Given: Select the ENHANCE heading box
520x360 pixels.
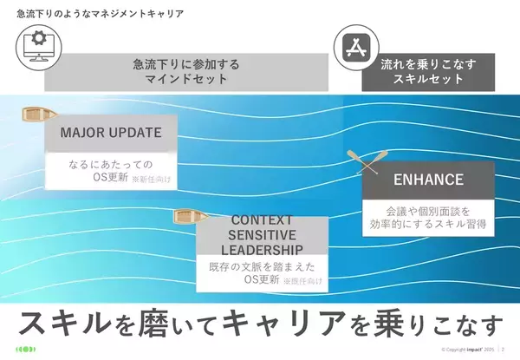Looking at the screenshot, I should pyautogui.click(x=427, y=180).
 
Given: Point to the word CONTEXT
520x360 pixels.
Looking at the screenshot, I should pyautogui.click(x=262, y=220).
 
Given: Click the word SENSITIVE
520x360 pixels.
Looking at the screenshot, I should pyautogui.click(x=262, y=235).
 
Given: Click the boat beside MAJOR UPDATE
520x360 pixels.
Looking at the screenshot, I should pyautogui.click(x=37, y=113).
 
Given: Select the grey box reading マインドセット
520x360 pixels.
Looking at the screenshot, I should pyautogui.click(x=186, y=72).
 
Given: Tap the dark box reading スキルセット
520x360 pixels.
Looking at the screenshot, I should pyautogui.click(x=427, y=72).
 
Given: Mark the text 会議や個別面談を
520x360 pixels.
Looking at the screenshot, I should pyautogui.click(x=427, y=210).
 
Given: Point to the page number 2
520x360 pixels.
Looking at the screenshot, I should pyautogui.click(x=504, y=350).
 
